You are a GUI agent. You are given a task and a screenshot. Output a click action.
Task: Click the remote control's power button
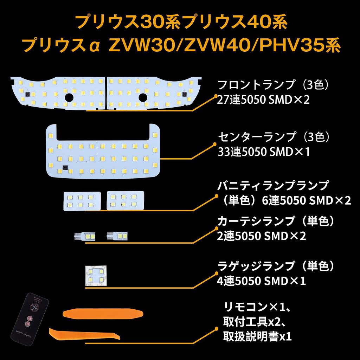point(34,307)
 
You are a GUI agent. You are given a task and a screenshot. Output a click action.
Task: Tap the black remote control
point(30,319)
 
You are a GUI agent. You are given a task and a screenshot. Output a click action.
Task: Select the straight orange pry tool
point(103,314)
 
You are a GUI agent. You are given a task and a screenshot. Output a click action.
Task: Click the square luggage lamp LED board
point(96,276)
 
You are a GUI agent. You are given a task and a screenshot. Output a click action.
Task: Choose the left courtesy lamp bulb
point(84,237)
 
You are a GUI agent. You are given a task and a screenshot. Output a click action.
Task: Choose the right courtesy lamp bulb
point(117,236)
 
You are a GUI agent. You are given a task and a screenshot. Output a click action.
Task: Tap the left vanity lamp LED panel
point(82,201)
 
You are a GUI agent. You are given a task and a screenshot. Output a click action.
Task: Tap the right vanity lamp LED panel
point(126,200)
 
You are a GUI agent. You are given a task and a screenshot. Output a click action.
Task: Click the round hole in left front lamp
point(69,97)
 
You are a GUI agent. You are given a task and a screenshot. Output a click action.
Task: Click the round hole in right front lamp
point(143,97)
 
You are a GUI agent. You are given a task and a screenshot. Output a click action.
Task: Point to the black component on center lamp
point(65,168)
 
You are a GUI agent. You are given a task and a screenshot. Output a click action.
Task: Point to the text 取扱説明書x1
point(257,336)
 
